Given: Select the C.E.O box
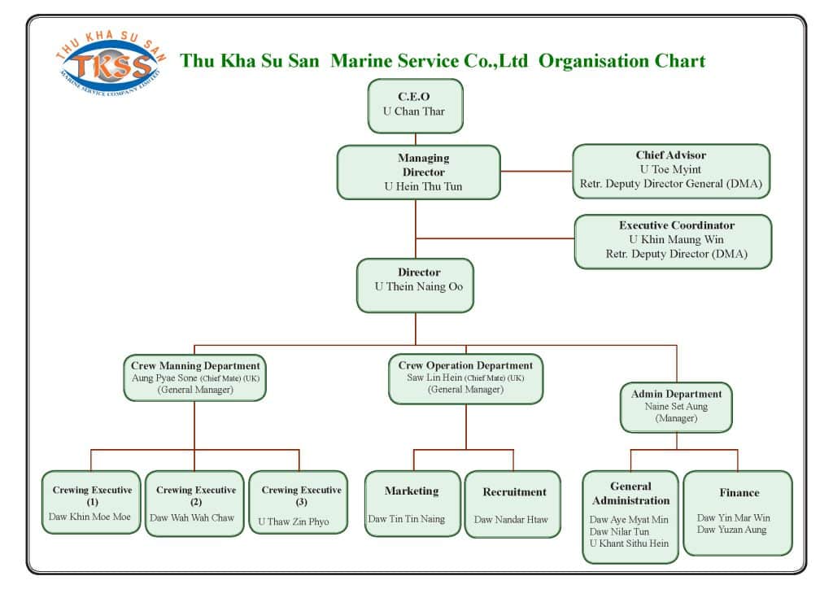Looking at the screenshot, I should [x=415, y=105].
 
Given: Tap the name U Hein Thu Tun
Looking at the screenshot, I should [x=418, y=186].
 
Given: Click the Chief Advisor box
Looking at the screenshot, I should [x=671, y=170].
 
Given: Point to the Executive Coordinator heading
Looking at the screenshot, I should [x=676, y=225].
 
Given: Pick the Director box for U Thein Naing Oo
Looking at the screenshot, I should [x=415, y=285].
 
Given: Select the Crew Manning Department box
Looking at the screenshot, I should [x=195, y=377].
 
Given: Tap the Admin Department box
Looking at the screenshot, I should [x=677, y=407].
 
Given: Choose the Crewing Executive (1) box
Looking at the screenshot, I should [x=91, y=502].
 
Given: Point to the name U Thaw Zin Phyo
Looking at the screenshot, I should [x=294, y=521].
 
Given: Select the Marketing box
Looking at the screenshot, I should [x=412, y=504].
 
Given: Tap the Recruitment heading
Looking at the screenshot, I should [x=514, y=492].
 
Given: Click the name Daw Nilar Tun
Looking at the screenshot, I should [x=619, y=531].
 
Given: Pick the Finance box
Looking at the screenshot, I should [x=738, y=513].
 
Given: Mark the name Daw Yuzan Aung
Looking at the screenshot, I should [x=731, y=530].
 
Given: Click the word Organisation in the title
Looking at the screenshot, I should [x=594, y=61].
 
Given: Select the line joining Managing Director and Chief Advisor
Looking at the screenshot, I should [x=537, y=172].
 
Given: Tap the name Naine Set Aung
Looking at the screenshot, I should [x=676, y=406].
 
